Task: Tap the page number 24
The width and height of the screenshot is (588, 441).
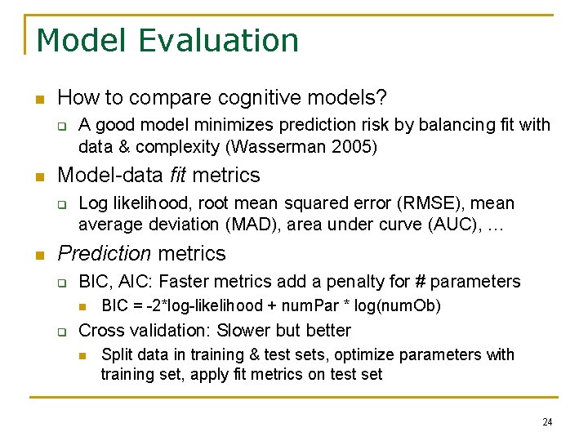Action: coord(546,422)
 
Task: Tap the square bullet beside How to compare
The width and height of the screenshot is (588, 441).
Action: coord(38,100)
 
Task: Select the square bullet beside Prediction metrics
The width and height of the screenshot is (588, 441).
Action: coord(38,255)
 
